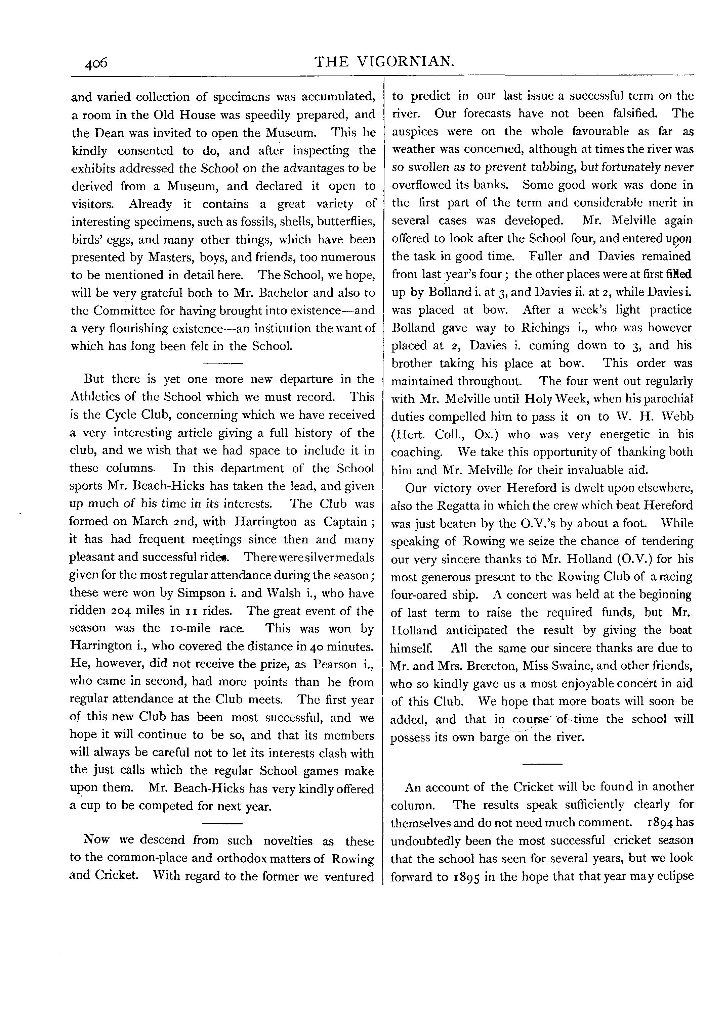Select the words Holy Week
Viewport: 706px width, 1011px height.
pyautogui.click(x=551, y=399)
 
